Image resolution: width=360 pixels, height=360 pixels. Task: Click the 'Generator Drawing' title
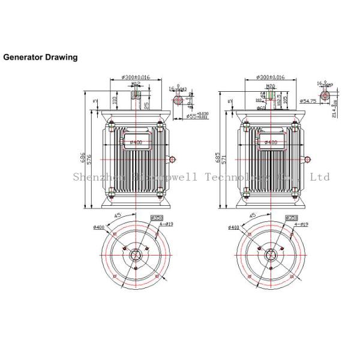[x=41, y=58]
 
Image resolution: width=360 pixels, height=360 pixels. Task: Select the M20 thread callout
[x=270, y=86]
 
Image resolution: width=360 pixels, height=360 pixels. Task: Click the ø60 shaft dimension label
[x=262, y=108]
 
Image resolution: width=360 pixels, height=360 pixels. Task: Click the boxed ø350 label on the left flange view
[x=157, y=217]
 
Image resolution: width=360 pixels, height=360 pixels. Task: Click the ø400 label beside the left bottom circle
[x=99, y=227]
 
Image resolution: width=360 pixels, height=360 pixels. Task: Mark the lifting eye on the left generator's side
[x=173, y=159]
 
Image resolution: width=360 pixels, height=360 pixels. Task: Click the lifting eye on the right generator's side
[x=307, y=159]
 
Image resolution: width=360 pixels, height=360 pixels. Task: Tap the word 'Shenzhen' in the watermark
[x=91, y=177]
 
